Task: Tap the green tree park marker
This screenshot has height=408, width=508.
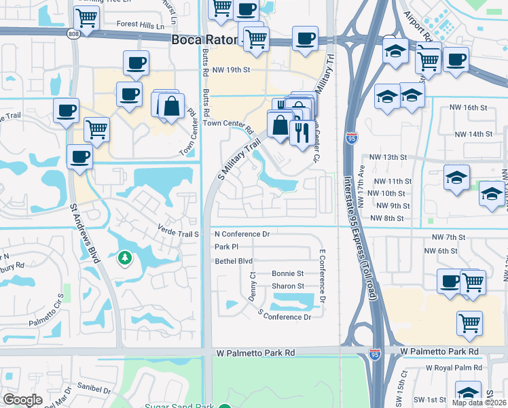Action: (124, 258)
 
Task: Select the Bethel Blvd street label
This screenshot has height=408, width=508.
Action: (234, 261)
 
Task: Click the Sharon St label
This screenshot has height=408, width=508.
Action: (287, 286)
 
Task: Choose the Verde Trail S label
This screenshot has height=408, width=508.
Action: (177, 234)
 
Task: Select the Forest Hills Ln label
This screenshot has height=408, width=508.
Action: (141, 25)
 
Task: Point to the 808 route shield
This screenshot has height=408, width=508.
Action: (73, 33)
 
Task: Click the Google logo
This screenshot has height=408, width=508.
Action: (22, 400)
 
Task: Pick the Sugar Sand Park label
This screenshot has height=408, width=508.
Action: (179, 405)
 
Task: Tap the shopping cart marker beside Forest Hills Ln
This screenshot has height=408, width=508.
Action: (87, 17)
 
